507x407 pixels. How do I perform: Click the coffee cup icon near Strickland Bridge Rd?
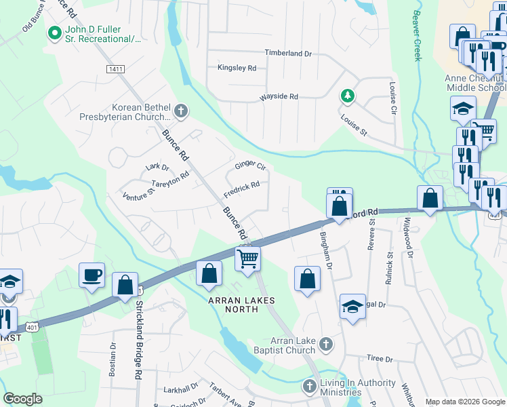click(92, 275)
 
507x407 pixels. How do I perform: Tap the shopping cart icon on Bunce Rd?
click(247, 258)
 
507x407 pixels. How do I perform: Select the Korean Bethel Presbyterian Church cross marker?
click(180, 110)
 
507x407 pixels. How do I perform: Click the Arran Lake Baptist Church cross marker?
click(325, 344)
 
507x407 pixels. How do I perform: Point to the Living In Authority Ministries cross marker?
click(310, 386)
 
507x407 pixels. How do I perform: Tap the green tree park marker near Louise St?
click(347, 96)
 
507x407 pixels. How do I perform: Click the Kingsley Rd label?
click(237, 68)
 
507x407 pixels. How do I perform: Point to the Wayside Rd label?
click(279, 97)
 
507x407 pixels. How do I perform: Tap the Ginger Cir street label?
click(250, 166)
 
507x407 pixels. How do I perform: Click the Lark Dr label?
click(157, 167)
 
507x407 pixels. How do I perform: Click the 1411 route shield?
click(115, 69)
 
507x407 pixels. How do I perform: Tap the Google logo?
click(23, 399)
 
